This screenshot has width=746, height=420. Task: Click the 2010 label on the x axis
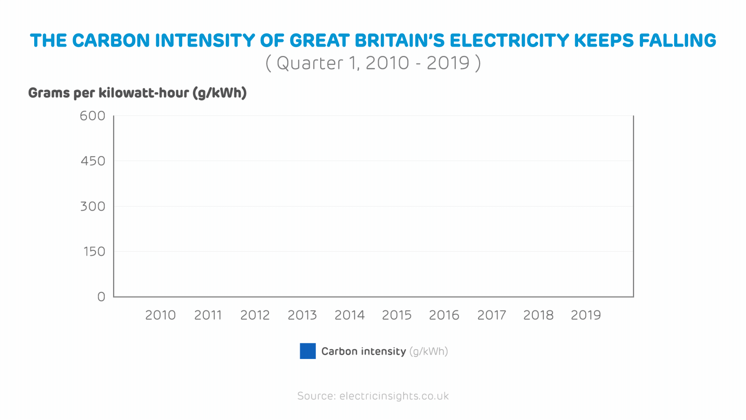(x=160, y=315)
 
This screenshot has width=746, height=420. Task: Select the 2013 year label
(x=302, y=315)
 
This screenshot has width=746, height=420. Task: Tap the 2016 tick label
(x=444, y=315)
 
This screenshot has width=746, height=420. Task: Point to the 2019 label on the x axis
(x=586, y=315)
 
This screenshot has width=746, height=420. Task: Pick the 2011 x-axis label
(x=208, y=315)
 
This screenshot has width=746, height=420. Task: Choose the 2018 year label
(x=539, y=315)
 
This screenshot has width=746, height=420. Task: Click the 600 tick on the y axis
(x=92, y=116)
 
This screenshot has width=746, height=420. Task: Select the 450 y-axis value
(x=93, y=161)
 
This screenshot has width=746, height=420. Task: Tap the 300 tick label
(x=93, y=206)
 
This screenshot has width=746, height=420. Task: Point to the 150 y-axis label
(x=94, y=252)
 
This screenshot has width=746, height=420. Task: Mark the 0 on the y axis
(x=101, y=297)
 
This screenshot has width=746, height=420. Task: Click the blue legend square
(x=308, y=351)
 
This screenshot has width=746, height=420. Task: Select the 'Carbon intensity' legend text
(x=363, y=352)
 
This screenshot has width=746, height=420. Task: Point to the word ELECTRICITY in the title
(x=509, y=41)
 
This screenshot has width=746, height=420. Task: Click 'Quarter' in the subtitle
(x=310, y=63)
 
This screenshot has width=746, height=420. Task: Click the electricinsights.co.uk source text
(x=394, y=396)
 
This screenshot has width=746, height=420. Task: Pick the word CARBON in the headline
(x=111, y=41)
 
